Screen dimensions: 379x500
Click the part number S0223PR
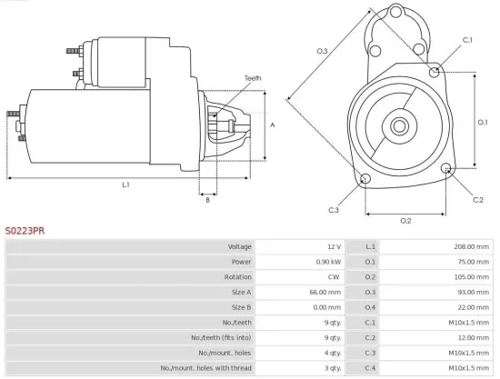(25, 232)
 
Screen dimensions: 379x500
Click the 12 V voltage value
(333, 247)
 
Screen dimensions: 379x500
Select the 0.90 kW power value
(327, 262)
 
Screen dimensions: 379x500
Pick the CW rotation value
(334, 276)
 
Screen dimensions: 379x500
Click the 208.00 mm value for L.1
(471, 247)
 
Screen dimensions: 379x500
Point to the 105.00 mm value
(471, 276)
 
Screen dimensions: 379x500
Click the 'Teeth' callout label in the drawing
(253, 79)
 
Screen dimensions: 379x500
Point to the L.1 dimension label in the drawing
(125, 185)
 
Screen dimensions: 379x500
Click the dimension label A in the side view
(273, 125)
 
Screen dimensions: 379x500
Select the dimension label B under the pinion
(207, 199)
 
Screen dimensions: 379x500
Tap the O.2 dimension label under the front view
(405, 221)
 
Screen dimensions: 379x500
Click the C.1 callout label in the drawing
(467, 40)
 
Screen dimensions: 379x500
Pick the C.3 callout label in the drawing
(334, 211)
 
